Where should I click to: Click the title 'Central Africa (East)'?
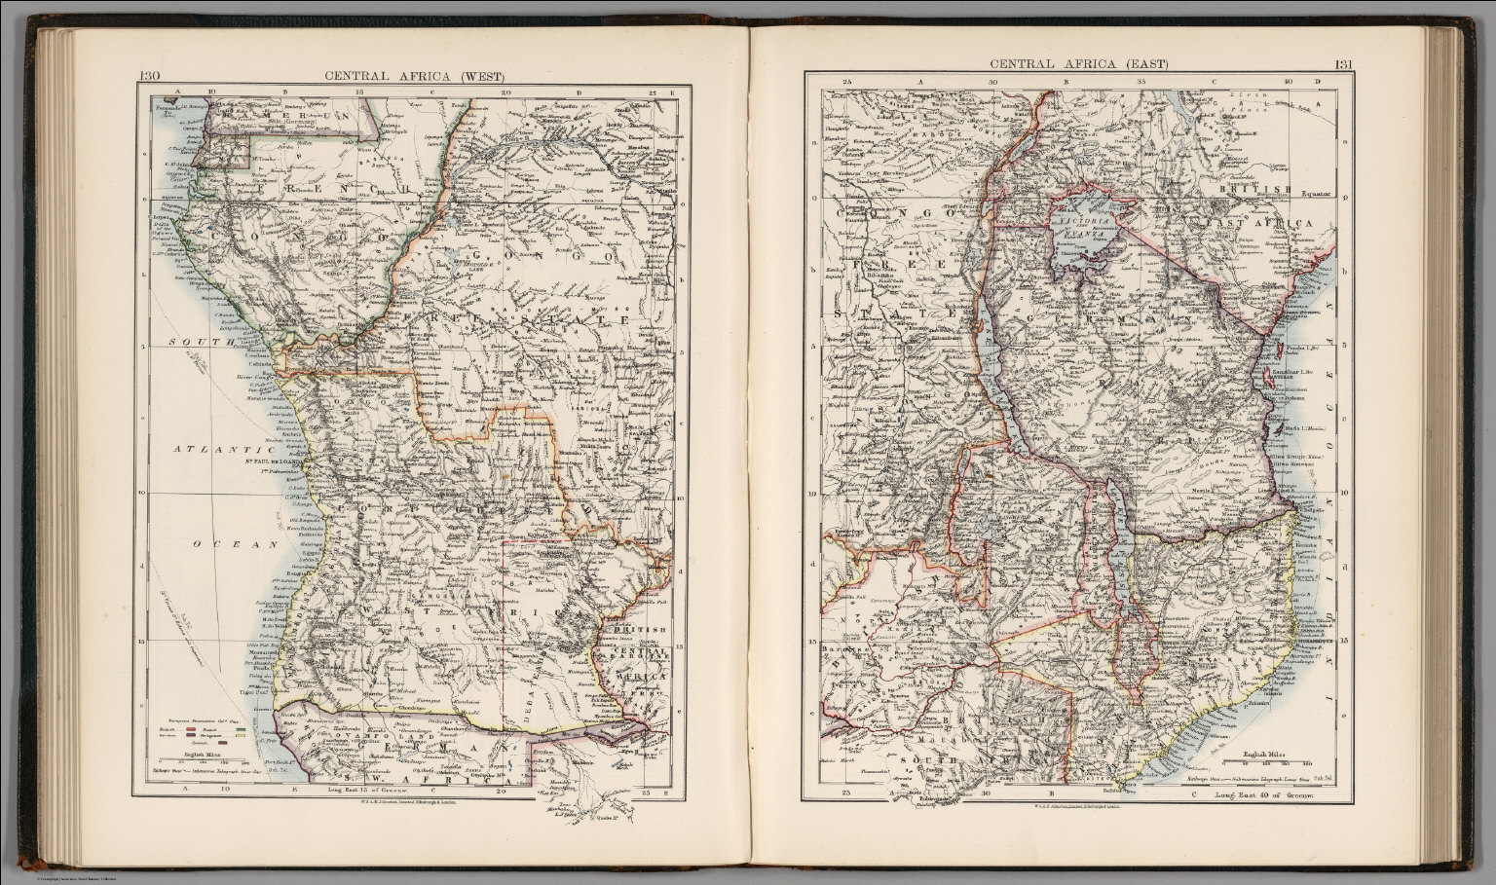(x=1078, y=64)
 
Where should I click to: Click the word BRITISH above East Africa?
(x=1261, y=191)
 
